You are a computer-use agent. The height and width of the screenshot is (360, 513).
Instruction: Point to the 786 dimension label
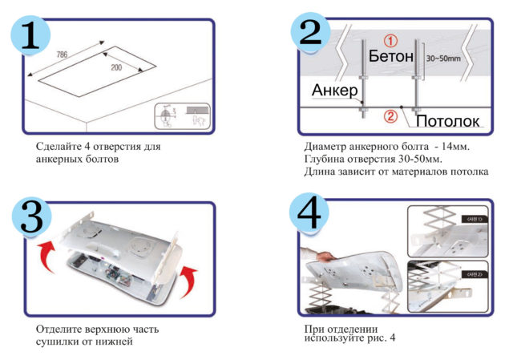coord(63,55)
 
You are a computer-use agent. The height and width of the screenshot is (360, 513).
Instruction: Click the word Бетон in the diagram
coord(391,58)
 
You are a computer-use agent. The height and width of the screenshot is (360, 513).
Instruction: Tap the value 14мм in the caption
coord(456,148)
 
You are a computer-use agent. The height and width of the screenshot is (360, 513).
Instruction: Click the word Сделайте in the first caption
coord(59,148)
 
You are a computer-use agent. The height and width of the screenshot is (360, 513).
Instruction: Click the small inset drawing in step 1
coord(180,116)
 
